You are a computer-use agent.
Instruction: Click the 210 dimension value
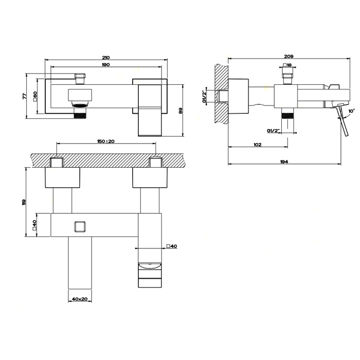point(105,58)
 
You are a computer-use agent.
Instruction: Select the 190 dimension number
point(105,65)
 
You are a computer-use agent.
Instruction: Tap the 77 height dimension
point(25,96)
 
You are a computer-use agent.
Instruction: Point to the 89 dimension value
point(181,111)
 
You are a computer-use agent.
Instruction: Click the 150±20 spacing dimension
point(106,141)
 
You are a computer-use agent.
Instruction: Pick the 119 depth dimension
point(24,202)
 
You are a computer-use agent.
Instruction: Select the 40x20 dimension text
point(80,299)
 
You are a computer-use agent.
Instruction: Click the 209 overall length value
point(289,56)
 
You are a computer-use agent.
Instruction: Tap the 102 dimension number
point(258,145)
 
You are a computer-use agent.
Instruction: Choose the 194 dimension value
point(284,161)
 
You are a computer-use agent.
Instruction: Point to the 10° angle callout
point(351,111)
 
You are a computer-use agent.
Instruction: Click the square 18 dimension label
point(287,65)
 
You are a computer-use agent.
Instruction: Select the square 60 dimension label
point(35,96)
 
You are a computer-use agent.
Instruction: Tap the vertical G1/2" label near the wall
point(204,97)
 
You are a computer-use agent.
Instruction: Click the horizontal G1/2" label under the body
point(273,131)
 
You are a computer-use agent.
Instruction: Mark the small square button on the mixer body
point(80,227)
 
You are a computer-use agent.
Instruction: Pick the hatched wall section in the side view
point(221,94)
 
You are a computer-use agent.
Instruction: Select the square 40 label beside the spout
point(172,246)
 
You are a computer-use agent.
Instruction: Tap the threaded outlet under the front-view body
point(80,114)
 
